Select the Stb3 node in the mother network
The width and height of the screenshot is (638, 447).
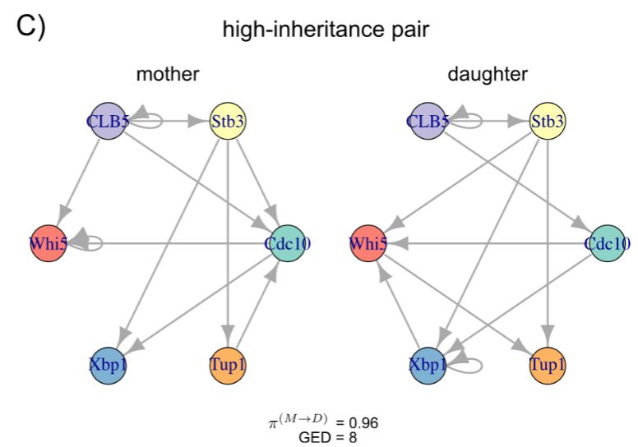(229, 122)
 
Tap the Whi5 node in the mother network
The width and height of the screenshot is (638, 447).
(49, 243)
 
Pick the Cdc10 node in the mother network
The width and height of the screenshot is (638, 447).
(288, 243)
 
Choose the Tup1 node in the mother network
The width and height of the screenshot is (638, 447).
(229, 364)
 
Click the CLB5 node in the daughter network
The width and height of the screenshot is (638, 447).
(427, 122)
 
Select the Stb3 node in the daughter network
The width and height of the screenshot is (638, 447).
(548, 122)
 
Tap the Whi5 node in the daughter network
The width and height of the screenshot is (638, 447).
(368, 243)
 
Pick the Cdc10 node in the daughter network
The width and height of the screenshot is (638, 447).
(607, 243)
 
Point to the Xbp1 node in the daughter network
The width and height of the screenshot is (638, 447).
(428, 364)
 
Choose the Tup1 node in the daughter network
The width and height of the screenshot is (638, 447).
(548, 364)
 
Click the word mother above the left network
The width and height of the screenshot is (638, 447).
(168, 75)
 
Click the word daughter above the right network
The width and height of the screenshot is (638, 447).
(488, 75)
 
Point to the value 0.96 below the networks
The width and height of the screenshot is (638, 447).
(363, 423)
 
